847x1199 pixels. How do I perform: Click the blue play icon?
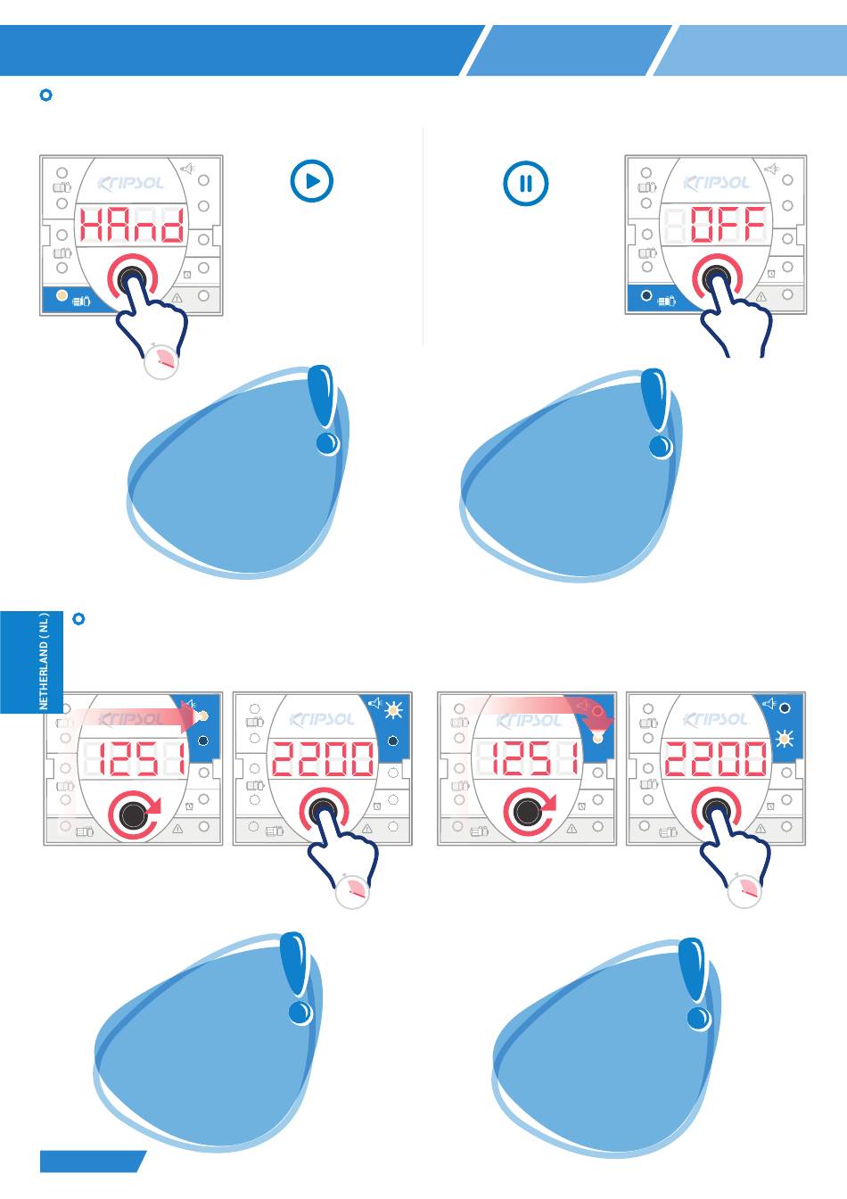[312, 181]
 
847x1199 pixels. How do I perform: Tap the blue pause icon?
[525, 184]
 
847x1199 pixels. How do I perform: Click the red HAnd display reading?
[133, 225]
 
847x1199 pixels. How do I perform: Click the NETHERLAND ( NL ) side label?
[44, 661]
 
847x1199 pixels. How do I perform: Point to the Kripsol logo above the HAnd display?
[131, 183]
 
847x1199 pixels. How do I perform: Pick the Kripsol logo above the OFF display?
[716, 183]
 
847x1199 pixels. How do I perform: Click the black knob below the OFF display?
[717, 277]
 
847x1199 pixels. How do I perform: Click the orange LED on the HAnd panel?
[62, 295]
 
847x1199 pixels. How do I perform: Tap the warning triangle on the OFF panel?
[761, 297]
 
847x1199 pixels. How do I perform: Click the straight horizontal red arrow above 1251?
[134, 716]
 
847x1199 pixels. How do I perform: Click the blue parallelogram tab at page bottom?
[93, 1161]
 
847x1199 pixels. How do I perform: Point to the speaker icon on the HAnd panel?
[187, 168]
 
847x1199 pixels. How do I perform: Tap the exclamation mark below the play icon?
[324, 410]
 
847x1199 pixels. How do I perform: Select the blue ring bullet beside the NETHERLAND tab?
[78, 618]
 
